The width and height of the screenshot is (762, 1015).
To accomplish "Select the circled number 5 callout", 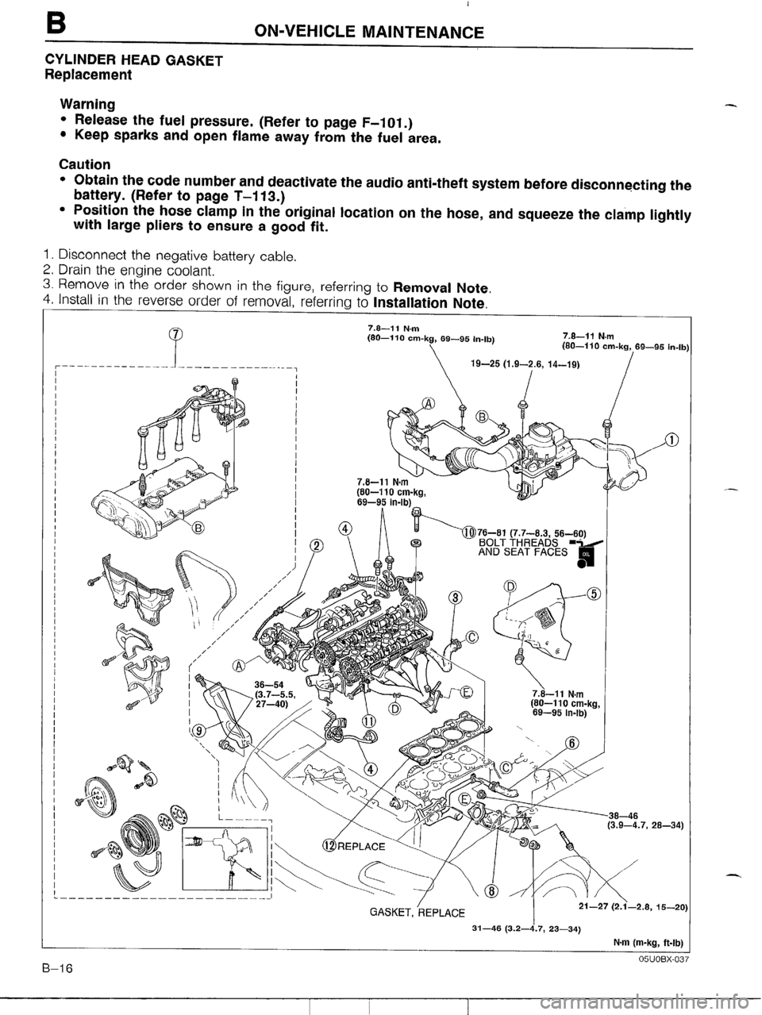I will click(593, 595).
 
